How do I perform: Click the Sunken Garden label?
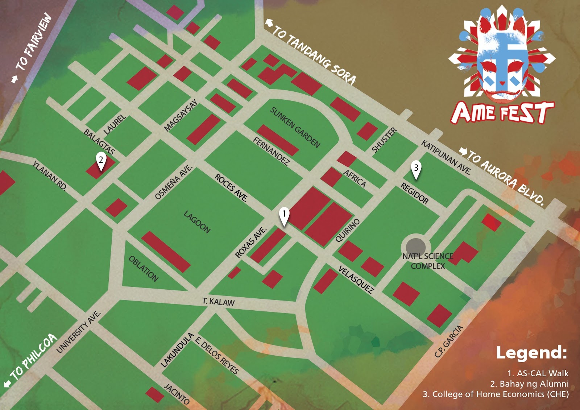(x=295, y=127)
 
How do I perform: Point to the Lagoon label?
(x=197, y=222)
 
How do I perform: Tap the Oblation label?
(x=144, y=269)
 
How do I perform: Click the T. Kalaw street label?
(x=218, y=302)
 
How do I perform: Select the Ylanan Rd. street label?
(x=50, y=176)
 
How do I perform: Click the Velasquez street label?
(x=356, y=279)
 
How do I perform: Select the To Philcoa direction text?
(x=34, y=356)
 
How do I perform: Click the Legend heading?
(x=531, y=353)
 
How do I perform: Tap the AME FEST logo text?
(x=502, y=112)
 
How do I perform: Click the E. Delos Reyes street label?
(x=217, y=355)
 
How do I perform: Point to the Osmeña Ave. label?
(x=173, y=182)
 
